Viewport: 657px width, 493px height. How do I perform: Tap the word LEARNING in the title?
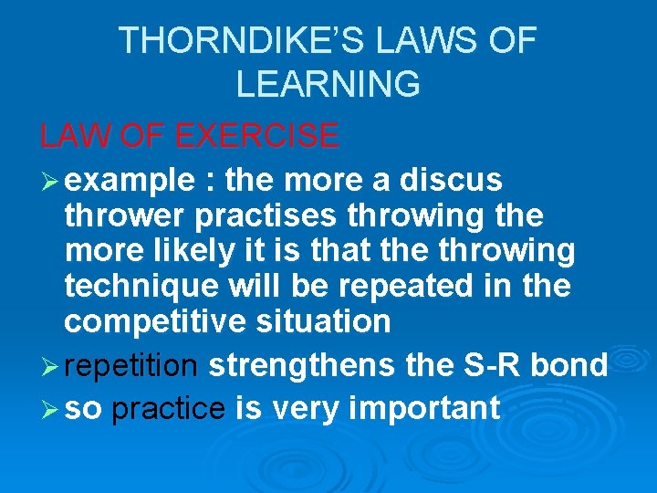tap(328, 84)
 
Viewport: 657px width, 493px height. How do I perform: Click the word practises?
tap(253, 216)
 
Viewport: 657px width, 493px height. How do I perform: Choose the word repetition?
tap(131, 365)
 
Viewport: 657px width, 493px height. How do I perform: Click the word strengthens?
tap(301, 365)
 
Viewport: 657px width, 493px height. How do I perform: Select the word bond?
tap(570, 365)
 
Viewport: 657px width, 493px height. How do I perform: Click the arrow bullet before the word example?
tap(49, 181)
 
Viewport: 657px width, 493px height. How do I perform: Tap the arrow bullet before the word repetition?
tap(49, 365)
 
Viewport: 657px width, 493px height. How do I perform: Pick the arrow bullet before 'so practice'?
tap(49, 407)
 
